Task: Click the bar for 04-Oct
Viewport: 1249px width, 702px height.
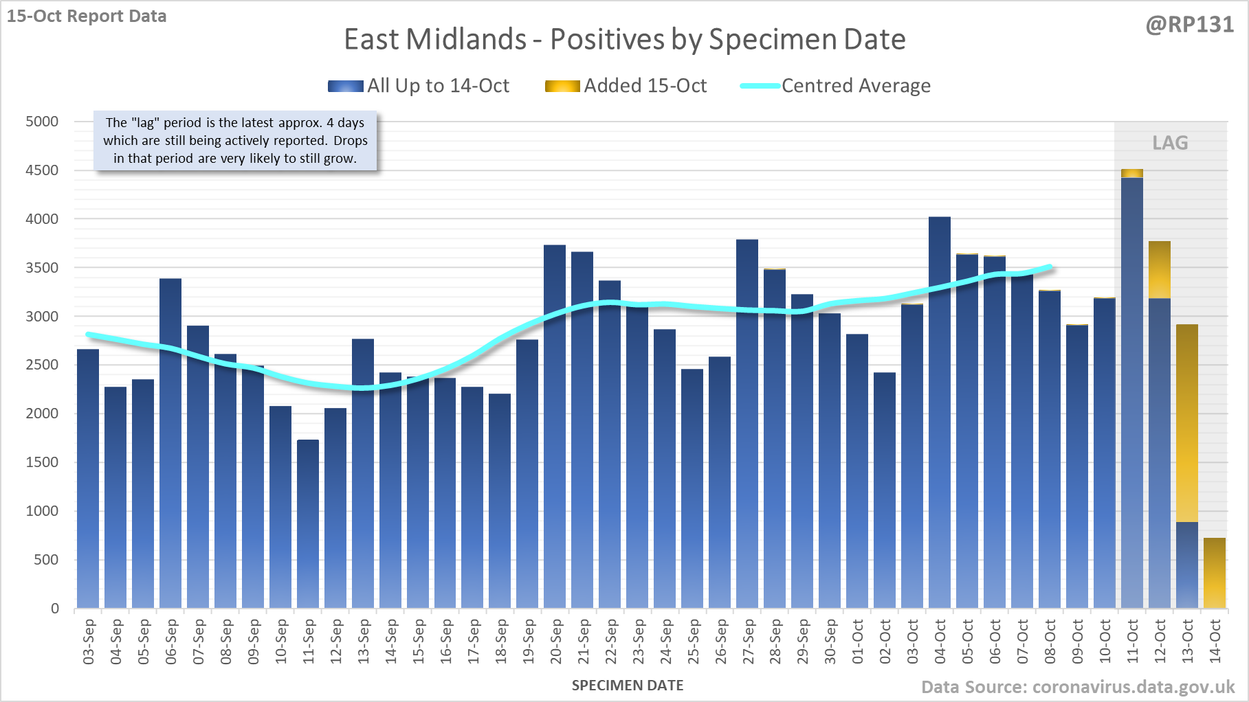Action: pyautogui.click(x=940, y=412)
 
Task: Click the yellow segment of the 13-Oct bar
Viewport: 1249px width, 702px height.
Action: pyautogui.click(x=1187, y=423)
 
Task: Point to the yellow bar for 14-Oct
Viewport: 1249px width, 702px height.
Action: pyautogui.click(x=1215, y=573)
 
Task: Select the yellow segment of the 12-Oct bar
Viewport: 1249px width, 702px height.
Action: pyautogui.click(x=1160, y=270)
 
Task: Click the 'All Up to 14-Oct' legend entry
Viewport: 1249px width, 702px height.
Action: pyautogui.click(x=419, y=86)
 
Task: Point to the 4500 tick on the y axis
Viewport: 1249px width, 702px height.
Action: pyautogui.click(x=42, y=170)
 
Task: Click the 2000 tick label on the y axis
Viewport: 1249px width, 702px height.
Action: pyautogui.click(x=42, y=414)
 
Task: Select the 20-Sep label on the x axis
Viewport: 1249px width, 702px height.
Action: pyautogui.click(x=555, y=642)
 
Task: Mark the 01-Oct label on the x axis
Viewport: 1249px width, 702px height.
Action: pyautogui.click(x=858, y=642)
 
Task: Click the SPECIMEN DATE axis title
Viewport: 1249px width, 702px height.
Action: pyautogui.click(x=627, y=686)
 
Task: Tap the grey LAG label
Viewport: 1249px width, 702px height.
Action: pyautogui.click(x=1170, y=143)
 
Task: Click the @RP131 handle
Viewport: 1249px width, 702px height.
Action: pyautogui.click(x=1189, y=25)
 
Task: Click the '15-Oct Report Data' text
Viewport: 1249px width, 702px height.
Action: pyautogui.click(x=87, y=16)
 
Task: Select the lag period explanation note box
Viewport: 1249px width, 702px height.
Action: pyautogui.click(x=235, y=141)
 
